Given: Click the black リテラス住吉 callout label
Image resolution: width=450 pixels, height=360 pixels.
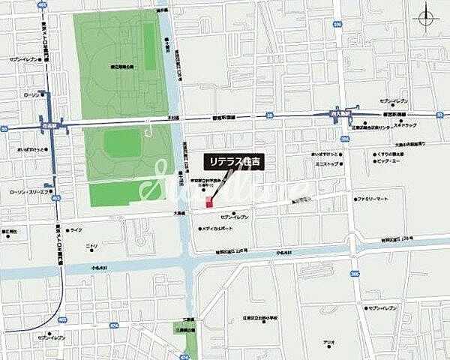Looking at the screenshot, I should [236, 161].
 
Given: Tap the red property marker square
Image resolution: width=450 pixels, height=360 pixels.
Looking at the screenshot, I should [210, 203].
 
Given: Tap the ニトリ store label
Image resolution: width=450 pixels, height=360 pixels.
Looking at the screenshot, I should [91, 246].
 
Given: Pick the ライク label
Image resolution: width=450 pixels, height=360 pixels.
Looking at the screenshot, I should [76, 229].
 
